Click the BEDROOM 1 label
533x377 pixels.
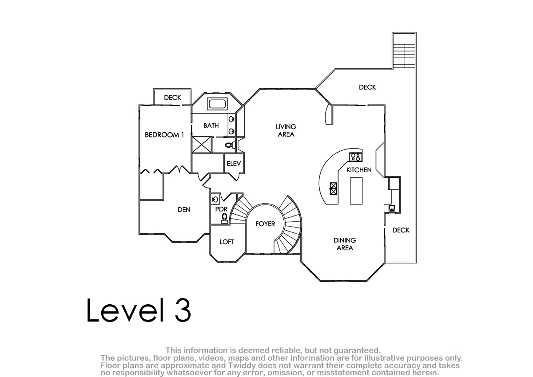point(164,135)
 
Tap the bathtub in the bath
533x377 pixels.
point(217,104)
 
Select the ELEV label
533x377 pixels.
point(234,163)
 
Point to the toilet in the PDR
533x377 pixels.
point(224,218)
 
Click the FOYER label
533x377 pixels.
point(265,224)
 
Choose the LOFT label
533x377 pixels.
point(227,242)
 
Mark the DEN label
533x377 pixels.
point(184,209)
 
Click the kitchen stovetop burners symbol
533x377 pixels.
point(356,157)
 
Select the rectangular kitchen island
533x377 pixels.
point(356,191)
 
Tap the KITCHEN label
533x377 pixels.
point(359,170)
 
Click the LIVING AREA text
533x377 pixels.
point(286,130)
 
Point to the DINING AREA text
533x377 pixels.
point(345,244)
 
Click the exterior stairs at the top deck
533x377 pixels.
point(404,56)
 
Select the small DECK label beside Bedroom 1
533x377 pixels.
point(172,98)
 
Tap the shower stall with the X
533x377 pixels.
point(202,145)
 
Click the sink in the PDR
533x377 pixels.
point(215,199)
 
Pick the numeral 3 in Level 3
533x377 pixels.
point(183,310)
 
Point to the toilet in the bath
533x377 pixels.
point(230,145)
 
